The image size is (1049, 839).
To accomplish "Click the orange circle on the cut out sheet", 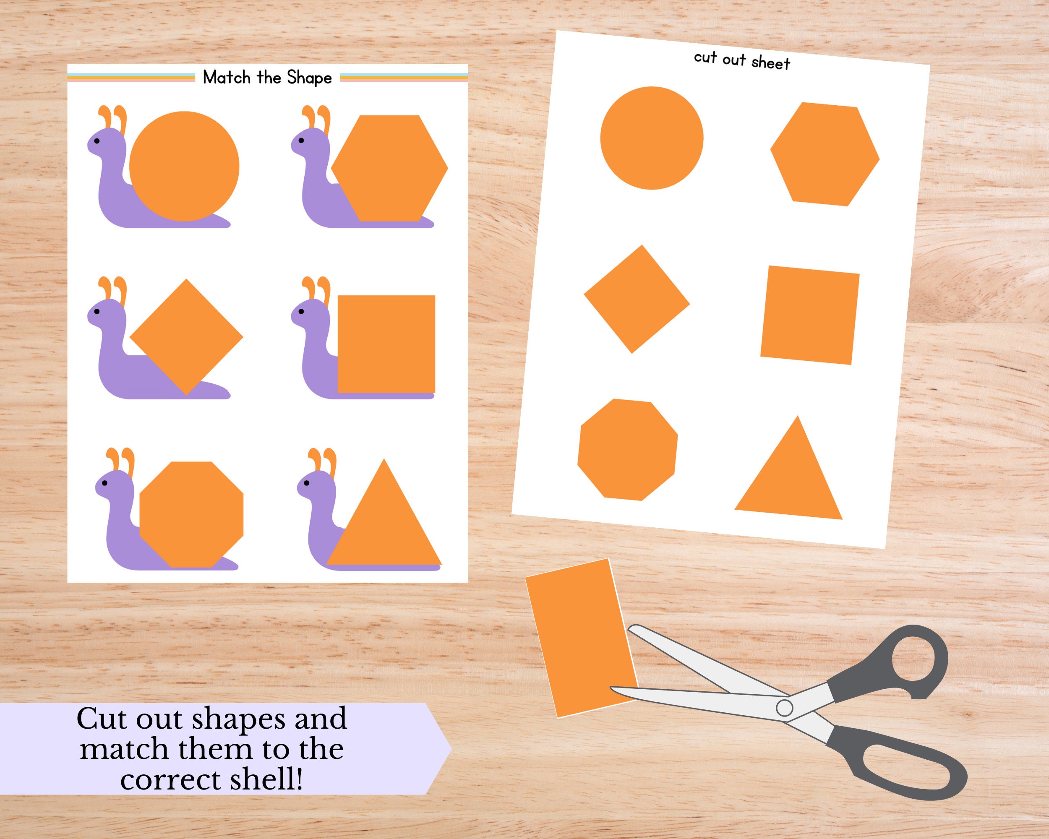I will (652, 138).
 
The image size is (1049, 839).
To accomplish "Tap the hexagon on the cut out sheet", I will (825, 155).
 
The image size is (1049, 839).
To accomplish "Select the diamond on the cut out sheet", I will (637, 299).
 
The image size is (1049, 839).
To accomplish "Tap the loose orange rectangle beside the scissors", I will (582, 638).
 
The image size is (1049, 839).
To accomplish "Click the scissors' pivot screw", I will (784, 708).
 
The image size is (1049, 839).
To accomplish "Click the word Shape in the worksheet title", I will (309, 78).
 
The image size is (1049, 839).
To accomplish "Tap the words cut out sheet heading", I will (742, 60).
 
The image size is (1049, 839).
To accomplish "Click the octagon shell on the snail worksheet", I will (191, 514).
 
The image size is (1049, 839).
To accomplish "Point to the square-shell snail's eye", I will (301, 311).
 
